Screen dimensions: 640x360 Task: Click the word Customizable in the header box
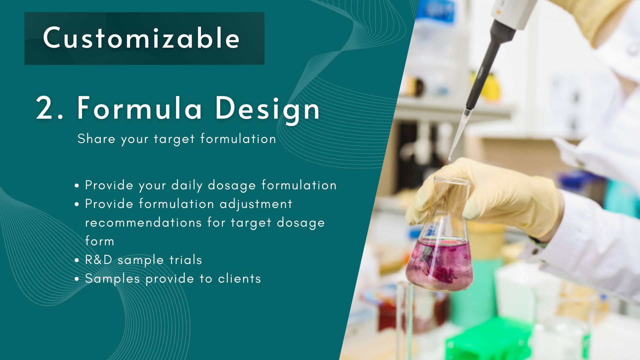[x=141, y=38]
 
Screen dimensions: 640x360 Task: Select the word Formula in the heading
[x=139, y=108]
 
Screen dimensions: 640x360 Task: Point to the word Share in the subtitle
[x=96, y=138]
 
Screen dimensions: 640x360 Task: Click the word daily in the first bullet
[x=187, y=185]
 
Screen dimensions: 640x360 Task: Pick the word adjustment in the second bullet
[x=256, y=204]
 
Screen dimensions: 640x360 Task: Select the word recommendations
[x=143, y=222]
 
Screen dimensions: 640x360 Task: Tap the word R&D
[x=99, y=260]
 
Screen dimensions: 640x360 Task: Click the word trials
[x=186, y=260]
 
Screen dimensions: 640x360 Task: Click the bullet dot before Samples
[x=77, y=279]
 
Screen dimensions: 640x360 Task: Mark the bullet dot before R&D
[x=77, y=260]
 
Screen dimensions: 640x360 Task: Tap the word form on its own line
[x=100, y=241]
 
